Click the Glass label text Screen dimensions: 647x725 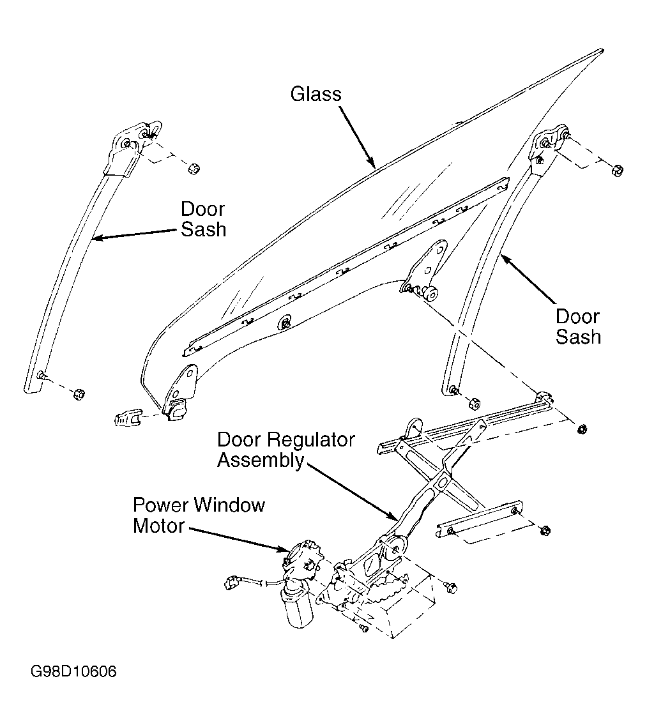point(316,94)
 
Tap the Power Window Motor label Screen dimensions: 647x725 point(199,515)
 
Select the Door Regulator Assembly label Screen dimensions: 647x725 point(285,450)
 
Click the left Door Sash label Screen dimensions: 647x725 point(203,219)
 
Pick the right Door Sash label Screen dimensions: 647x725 point(578,327)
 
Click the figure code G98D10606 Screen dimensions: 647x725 point(74,671)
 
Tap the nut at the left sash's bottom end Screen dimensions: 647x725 point(79,394)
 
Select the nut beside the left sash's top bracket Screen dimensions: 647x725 point(194,168)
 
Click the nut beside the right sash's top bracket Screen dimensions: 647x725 point(618,171)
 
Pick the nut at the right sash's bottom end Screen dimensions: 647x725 point(475,404)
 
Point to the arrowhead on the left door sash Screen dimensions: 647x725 point(98,238)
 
